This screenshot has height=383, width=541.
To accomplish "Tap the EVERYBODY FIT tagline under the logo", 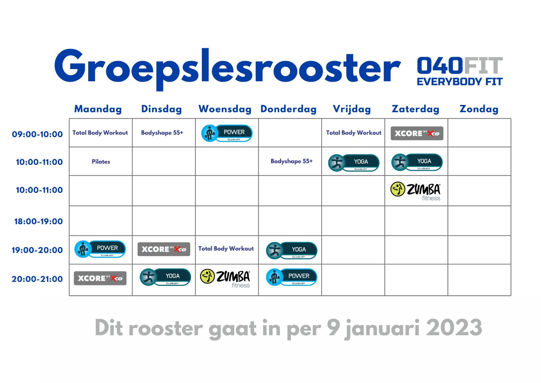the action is click(x=460, y=82).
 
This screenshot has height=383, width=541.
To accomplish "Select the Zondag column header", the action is click(x=479, y=109).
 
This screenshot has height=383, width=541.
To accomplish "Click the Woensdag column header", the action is click(x=225, y=109).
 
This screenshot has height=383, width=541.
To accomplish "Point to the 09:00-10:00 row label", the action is click(x=37, y=134).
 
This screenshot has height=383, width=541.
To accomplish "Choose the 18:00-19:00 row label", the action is click(x=39, y=221).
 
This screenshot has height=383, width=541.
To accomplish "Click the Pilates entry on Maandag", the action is click(x=101, y=162).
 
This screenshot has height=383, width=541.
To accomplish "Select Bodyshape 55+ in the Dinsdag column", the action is click(x=162, y=133).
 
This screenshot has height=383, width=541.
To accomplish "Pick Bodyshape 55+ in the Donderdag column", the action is click(x=291, y=161).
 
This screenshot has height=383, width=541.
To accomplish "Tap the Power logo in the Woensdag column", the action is click(x=227, y=133).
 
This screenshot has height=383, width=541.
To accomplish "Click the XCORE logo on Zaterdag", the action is click(x=417, y=133).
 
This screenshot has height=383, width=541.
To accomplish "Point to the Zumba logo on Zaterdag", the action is click(x=416, y=191).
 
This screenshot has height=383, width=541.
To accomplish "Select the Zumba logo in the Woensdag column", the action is click(x=225, y=278).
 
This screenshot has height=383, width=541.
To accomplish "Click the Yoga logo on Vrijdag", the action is click(x=354, y=163).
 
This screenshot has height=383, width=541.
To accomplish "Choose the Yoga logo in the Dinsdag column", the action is click(x=165, y=277).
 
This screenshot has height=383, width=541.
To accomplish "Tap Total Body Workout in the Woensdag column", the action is click(x=226, y=249).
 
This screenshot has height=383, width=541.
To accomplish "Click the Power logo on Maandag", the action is click(x=100, y=249).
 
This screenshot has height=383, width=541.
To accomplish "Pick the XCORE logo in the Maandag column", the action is click(x=100, y=278).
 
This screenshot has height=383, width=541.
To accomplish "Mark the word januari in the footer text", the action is click(x=382, y=329).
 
